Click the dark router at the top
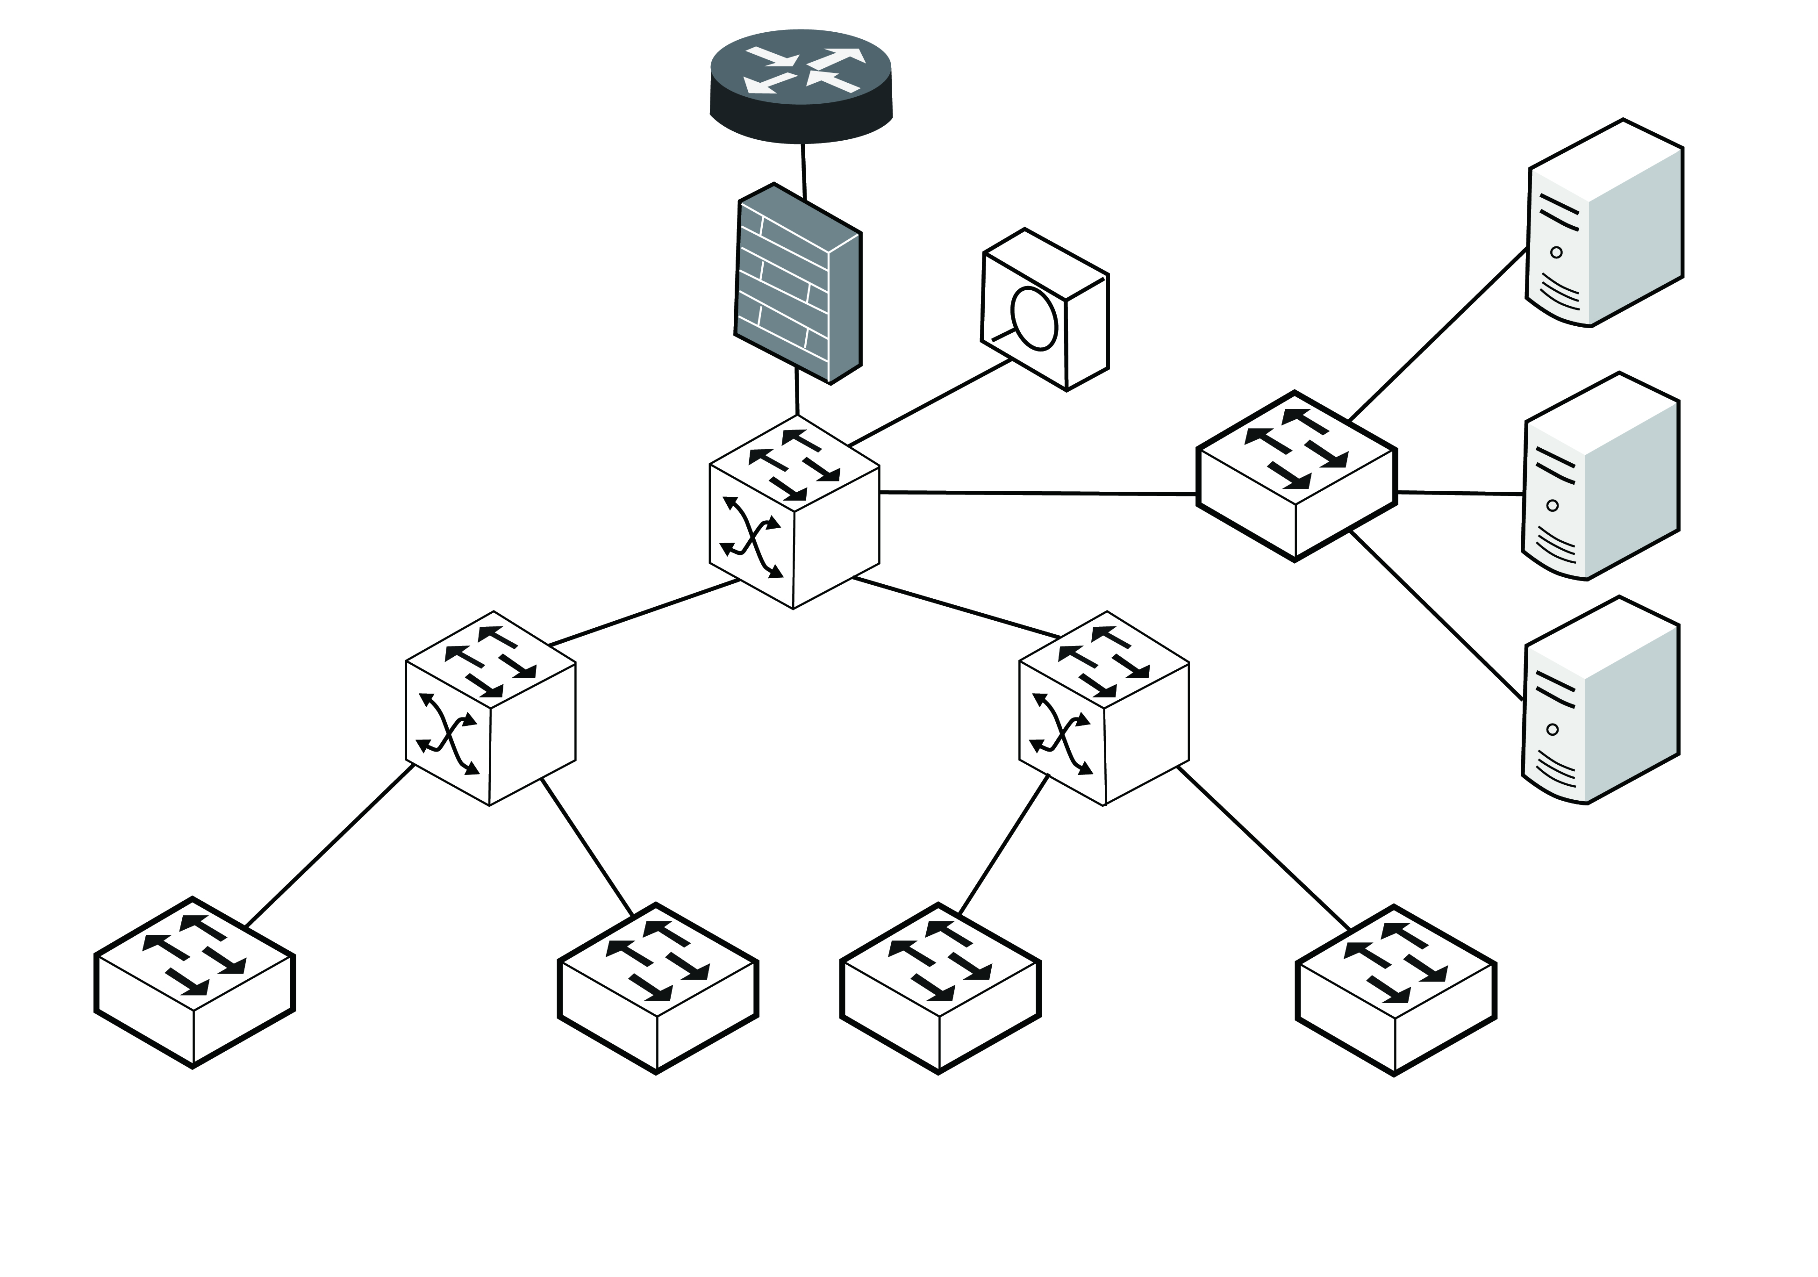click(x=801, y=86)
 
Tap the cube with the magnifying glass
click(x=1045, y=309)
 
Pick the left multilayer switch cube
click(x=490, y=709)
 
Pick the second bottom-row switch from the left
click(x=658, y=988)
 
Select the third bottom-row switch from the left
click(x=940, y=988)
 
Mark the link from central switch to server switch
click(x=1037, y=493)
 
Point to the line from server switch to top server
click(x=1437, y=335)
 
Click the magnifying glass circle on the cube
click(x=1035, y=319)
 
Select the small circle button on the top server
click(x=1556, y=252)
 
